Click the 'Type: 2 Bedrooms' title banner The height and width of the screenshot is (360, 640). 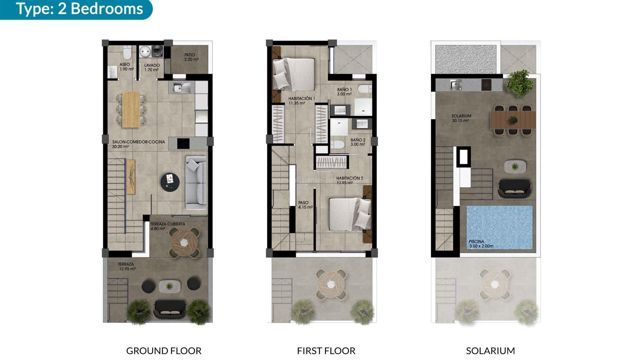click(79, 9)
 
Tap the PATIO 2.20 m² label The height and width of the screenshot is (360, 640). click(191, 57)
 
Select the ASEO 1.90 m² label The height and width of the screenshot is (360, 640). click(126, 67)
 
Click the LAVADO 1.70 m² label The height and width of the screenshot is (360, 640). click(152, 67)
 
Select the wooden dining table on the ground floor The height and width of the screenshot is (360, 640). click(131, 110)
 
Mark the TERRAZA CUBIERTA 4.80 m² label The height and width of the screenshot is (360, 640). click(167, 226)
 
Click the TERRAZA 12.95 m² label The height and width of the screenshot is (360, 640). click(126, 266)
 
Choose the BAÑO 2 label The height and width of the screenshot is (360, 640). click(358, 142)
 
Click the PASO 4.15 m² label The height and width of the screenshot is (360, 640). click(305, 205)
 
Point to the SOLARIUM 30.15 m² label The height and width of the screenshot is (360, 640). click(461, 118)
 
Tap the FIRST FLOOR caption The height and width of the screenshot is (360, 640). click(326, 351)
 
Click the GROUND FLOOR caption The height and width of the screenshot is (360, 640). click(164, 351)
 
